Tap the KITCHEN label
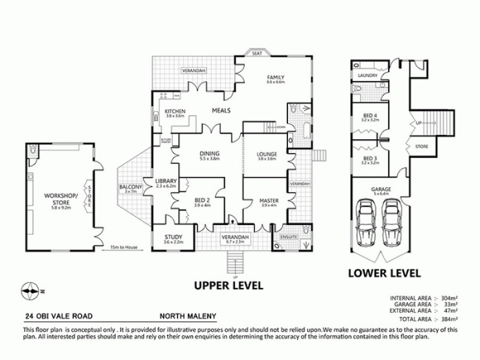click(x=175, y=112)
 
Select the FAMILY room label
click(x=276, y=77)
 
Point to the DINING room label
click(x=210, y=153)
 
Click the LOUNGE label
click(x=266, y=153)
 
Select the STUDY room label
click(x=173, y=237)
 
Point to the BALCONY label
click(x=131, y=188)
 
